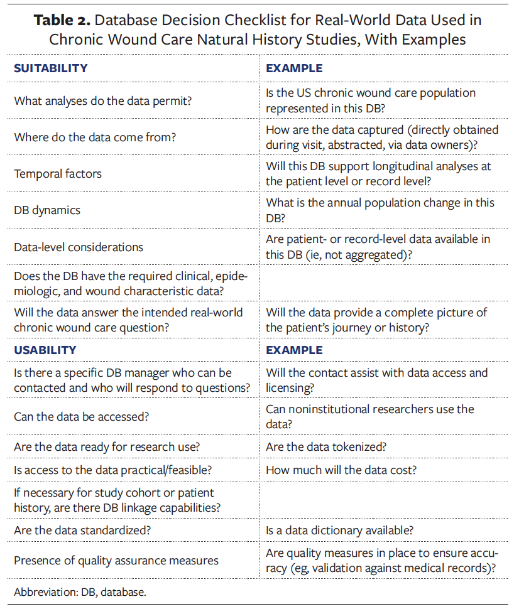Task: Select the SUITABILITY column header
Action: tap(51, 68)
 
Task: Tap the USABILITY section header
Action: tap(45, 350)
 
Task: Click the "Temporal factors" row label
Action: tap(57, 173)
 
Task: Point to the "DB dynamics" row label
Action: tap(47, 210)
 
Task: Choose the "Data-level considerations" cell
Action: tap(79, 247)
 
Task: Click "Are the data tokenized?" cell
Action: tap(326, 447)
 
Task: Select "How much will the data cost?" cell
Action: tap(341, 470)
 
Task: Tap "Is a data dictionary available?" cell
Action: tap(339, 530)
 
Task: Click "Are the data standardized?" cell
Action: tap(82, 530)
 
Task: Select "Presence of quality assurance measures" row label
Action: tap(116, 560)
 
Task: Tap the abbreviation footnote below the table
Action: tap(80, 591)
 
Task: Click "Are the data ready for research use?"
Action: tap(101, 447)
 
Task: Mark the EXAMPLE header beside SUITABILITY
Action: tap(294, 68)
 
